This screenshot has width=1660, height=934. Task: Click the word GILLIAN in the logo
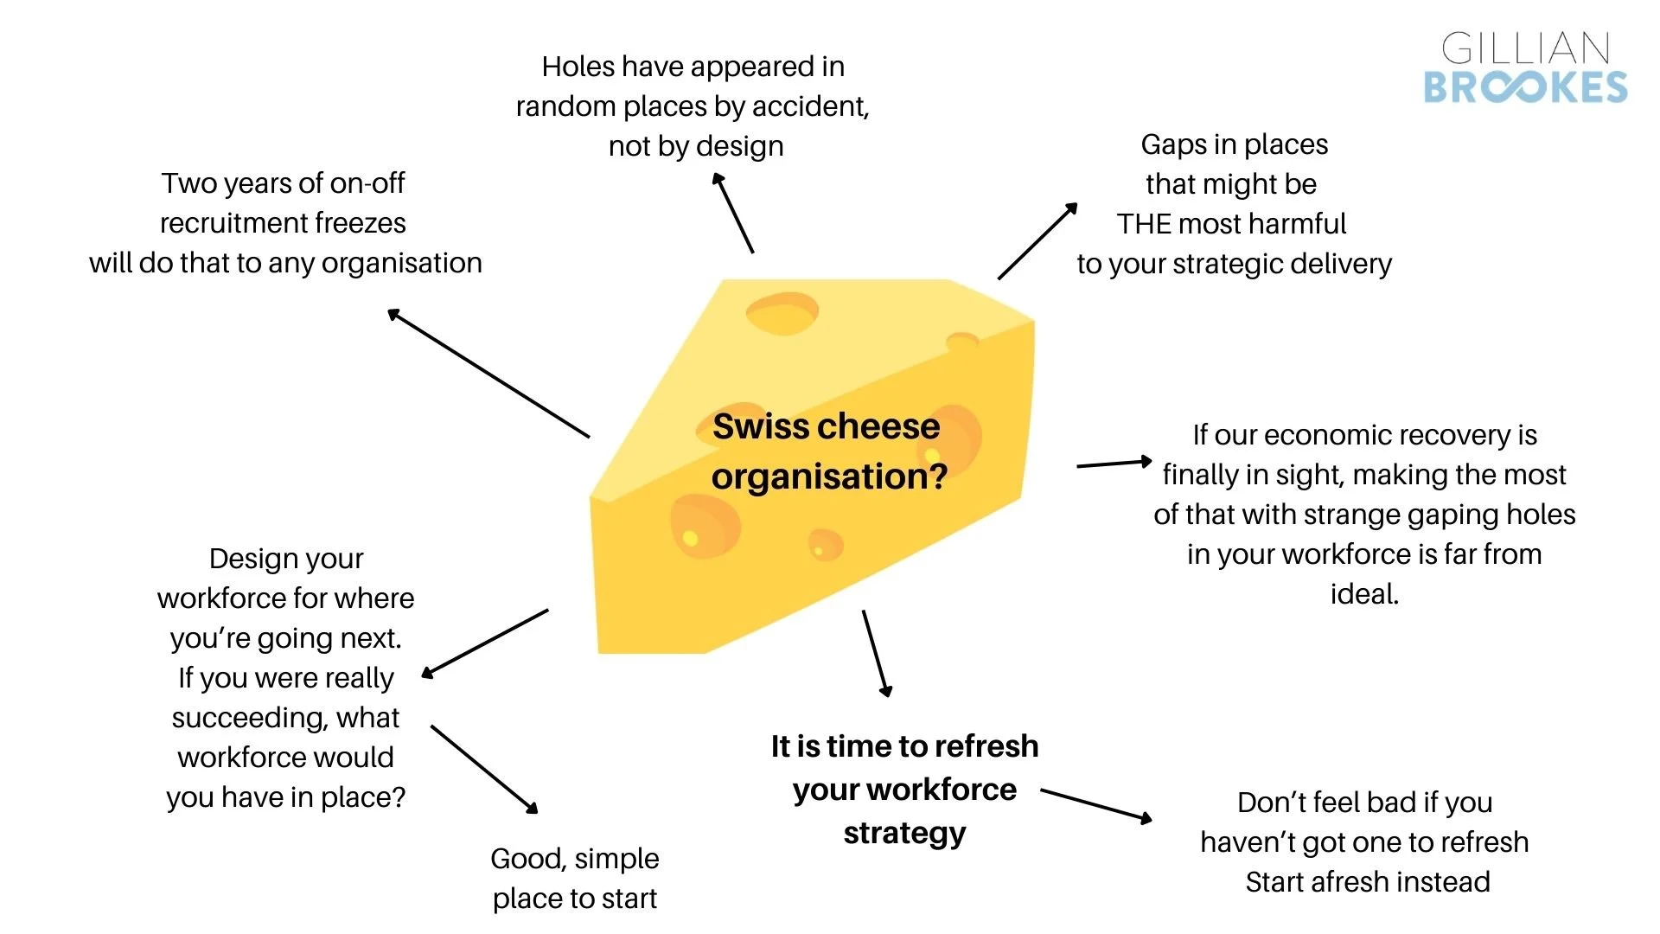tap(1525, 48)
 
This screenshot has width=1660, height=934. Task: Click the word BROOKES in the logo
tap(1525, 87)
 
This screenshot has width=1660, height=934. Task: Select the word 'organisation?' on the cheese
tap(829, 477)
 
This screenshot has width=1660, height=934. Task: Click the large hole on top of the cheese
tap(782, 314)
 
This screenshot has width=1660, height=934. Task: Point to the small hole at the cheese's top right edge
tap(962, 342)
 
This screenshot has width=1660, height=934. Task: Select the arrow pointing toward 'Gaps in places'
tap(1037, 241)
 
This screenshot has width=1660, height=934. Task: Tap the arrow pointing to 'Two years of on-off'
tap(488, 374)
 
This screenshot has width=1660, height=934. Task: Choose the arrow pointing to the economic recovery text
tap(1114, 464)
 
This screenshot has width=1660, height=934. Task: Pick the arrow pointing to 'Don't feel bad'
tap(1096, 804)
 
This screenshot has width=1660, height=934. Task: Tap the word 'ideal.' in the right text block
tap(1364, 594)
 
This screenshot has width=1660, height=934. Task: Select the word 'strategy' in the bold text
tap(904, 834)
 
